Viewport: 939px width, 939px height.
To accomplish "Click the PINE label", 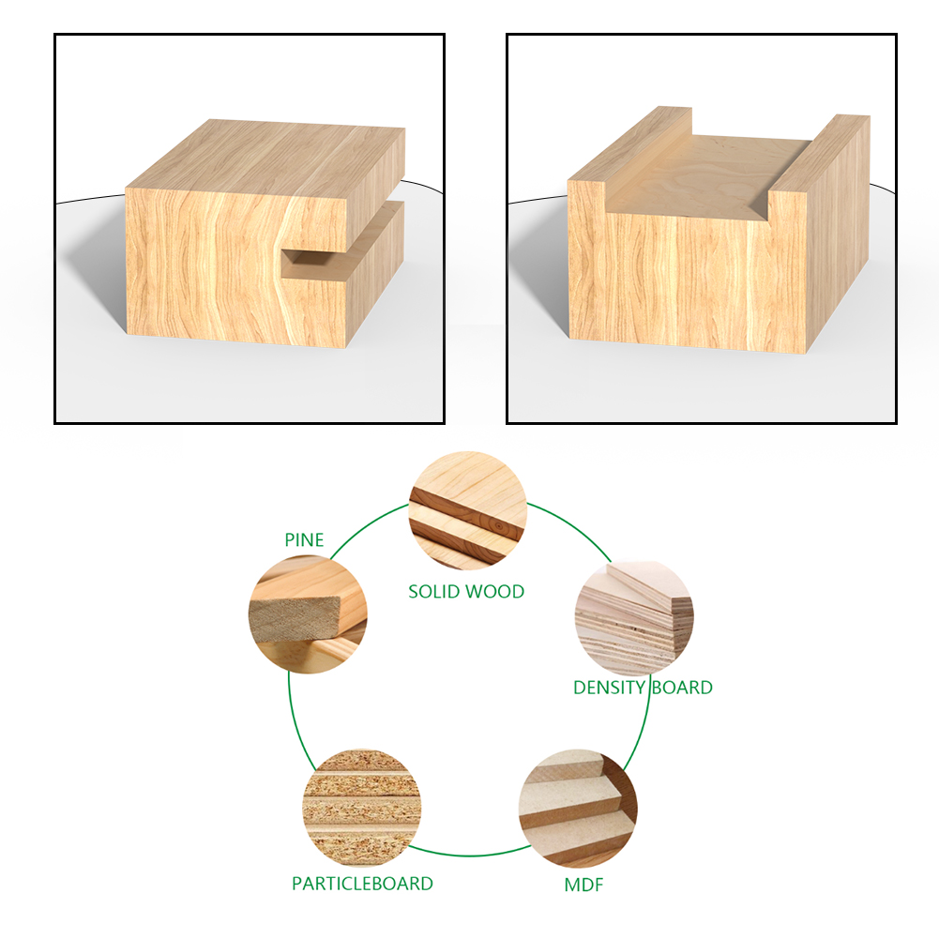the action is (x=304, y=540).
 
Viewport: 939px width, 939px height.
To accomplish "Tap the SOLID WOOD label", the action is (x=466, y=592).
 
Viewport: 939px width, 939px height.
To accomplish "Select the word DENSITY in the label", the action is (x=609, y=688).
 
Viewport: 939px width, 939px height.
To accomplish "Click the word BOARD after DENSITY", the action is (x=682, y=688).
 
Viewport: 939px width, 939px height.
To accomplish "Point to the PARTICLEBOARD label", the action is (x=362, y=884).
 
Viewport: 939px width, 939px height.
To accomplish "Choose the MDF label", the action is (x=583, y=886).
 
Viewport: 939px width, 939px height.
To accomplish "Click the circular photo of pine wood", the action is (x=308, y=614).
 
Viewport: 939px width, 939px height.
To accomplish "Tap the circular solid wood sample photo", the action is (x=468, y=510).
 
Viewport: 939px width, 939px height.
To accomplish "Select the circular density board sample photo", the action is (x=634, y=620).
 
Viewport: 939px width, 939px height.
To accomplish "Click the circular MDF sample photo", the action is (x=579, y=809).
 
